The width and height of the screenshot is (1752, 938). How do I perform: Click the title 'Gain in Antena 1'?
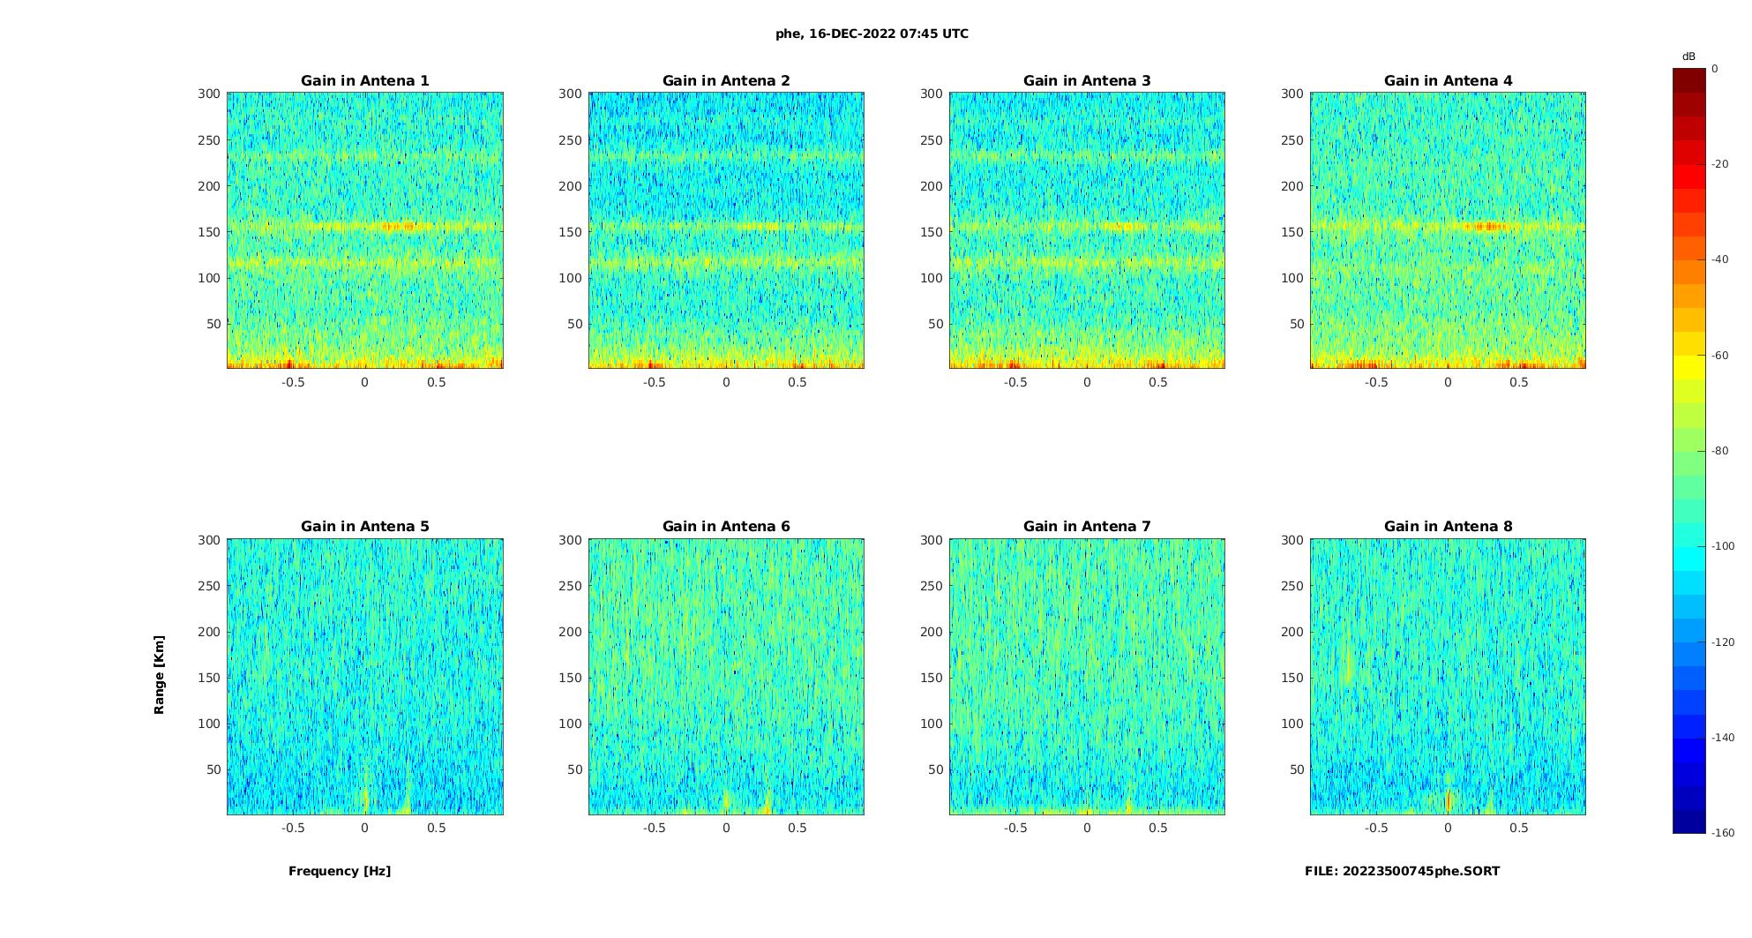pos(364,81)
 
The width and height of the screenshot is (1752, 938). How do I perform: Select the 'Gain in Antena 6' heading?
pos(726,527)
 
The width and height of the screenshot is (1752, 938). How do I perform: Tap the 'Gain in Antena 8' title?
pos(1448,527)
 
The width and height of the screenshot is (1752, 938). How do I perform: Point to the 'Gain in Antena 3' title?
pos(1087,81)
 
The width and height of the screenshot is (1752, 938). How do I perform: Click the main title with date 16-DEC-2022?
pos(872,34)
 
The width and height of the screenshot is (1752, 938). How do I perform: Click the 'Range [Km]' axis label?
pos(160,675)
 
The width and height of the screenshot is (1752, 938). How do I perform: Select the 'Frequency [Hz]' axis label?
pos(340,872)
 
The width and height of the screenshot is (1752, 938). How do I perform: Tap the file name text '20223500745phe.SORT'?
pos(1420,872)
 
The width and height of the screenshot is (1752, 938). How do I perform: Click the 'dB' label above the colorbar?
pos(1688,56)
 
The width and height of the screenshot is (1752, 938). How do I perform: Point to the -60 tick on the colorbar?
pos(1720,356)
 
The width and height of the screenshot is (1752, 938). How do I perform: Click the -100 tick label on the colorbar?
pos(1723,546)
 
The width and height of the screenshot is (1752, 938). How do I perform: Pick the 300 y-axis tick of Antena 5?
pos(209,540)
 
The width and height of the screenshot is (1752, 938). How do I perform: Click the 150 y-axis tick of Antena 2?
pos(571,232)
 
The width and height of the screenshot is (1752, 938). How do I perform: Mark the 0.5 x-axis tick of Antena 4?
pos(1518,383)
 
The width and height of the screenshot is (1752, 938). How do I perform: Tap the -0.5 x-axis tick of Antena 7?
pos(1015,829)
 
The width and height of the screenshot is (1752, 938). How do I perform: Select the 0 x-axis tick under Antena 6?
pos(726,829)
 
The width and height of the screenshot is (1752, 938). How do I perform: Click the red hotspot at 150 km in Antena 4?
pos(1487,227)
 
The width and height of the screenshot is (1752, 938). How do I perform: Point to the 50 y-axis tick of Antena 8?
pos(1296,769)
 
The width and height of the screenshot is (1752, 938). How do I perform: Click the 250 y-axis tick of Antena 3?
pos(932,140)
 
